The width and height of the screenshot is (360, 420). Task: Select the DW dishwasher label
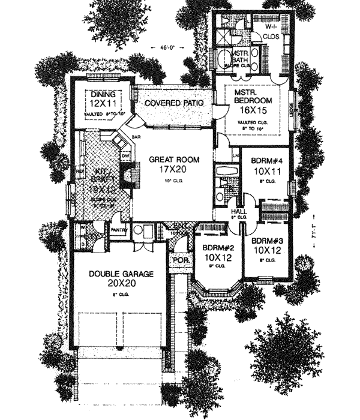(125, 157)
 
